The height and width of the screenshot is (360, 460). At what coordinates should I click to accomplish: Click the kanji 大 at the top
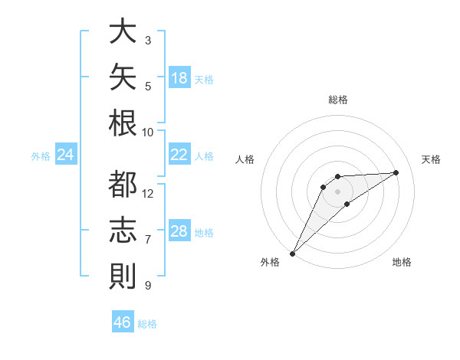click(123, 31)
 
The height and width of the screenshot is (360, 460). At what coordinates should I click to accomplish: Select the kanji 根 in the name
click(123, 123)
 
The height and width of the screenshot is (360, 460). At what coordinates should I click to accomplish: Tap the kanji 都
click(123, 184)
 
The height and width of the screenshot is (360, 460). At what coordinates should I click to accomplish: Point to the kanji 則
click(123, 276)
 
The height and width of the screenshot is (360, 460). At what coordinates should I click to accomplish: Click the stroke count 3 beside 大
click(148, 41)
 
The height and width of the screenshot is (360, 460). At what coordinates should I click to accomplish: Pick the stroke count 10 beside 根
click(147, 133)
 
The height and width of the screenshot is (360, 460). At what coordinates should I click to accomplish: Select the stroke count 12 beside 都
click(147, 194)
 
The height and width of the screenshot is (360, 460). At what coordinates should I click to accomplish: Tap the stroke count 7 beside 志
click(148, 240)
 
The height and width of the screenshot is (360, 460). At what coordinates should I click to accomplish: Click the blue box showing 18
click(179, 77)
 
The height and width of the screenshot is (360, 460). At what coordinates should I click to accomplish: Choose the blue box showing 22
click(179, 154)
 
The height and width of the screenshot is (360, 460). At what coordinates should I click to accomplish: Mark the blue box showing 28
click(179, 230)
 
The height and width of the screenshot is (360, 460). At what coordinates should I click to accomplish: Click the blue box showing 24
click(66, 154)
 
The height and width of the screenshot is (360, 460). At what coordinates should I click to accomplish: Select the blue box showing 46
click(123, 321)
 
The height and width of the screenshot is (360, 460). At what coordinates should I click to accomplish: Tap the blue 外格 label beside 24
click(41, 156)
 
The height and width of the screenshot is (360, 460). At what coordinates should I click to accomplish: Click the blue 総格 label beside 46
click(147, 324)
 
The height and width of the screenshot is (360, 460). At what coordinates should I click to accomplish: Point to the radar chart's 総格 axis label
click(338, 100)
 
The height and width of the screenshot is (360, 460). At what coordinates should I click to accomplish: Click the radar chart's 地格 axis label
click(402, 262)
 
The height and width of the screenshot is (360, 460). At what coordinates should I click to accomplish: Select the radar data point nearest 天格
click(396, 172)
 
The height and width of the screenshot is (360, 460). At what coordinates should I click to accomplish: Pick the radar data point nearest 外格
click(292, 254)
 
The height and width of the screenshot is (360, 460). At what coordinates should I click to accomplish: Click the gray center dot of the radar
click(337, 191)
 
